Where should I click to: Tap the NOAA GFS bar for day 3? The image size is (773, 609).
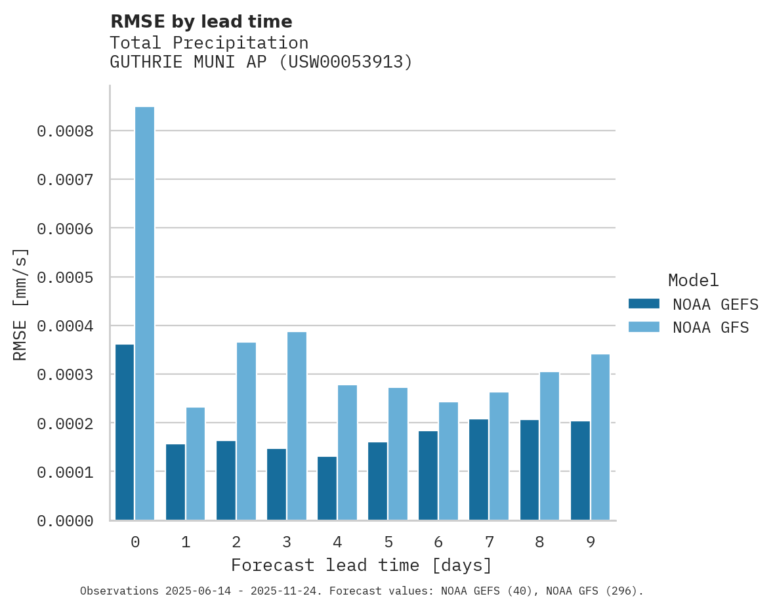(x=297, y=426)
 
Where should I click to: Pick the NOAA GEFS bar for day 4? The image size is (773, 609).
(x=327, y=488)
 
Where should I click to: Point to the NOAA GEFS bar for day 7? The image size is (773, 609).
(x=478, y=470)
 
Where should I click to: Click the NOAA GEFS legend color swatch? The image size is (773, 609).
(x=644, y=304)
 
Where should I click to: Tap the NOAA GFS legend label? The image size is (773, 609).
(x=711, y=327)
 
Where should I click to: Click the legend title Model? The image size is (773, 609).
(x=693, y=280)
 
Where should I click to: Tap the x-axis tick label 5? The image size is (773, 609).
(x=388, y=542)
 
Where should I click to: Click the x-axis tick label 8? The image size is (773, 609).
(x=539, y=542)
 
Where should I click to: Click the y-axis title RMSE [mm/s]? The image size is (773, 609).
(x=20, y=304)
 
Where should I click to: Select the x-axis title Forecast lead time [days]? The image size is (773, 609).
(x=362, y=565)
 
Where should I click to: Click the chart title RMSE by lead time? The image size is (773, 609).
(x=201, y=22)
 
